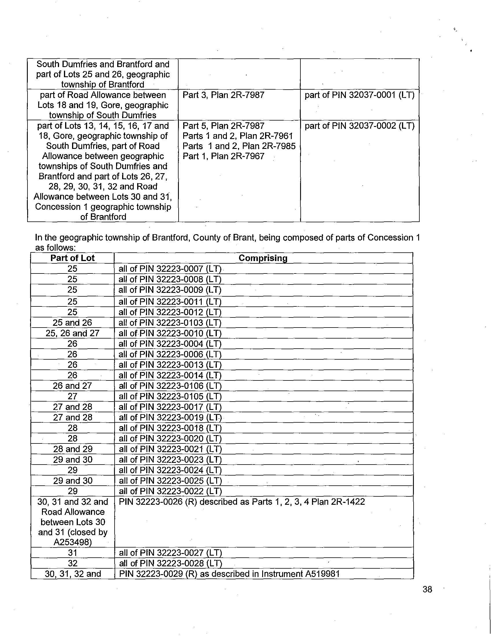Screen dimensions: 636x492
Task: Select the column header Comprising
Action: click(x=263, y=258)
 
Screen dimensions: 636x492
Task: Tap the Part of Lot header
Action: click(x=72, y=258)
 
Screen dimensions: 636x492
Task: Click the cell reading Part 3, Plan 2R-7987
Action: click(x=223, y=95)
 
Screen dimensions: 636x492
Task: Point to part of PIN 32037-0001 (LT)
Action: click(x=359, y=95)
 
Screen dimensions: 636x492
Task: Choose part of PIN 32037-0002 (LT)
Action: click(x=359, y=126)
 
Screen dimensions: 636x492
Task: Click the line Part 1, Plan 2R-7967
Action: click(x=223, y=156)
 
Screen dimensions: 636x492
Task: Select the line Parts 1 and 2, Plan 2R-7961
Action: click(x=238, y=136)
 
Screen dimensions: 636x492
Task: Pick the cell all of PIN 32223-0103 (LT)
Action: click(x=170, y=323)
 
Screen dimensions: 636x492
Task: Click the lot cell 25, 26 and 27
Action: click(x=72, y=333)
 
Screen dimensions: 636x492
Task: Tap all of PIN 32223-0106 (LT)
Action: click(x=170, y=386)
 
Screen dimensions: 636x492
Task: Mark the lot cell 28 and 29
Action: click(x=73, y=449)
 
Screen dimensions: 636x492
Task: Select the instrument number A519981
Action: click(x=322, y=574)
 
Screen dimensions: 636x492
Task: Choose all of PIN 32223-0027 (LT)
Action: click(x=170, y=553)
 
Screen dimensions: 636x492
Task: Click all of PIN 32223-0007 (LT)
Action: click(x=170, y=269)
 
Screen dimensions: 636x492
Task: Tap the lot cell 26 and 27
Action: click(x=72, y=386)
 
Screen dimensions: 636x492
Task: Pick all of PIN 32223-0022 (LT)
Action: click(x=170, y=491)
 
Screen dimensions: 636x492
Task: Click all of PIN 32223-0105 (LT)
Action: click(x=170, y=396)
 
